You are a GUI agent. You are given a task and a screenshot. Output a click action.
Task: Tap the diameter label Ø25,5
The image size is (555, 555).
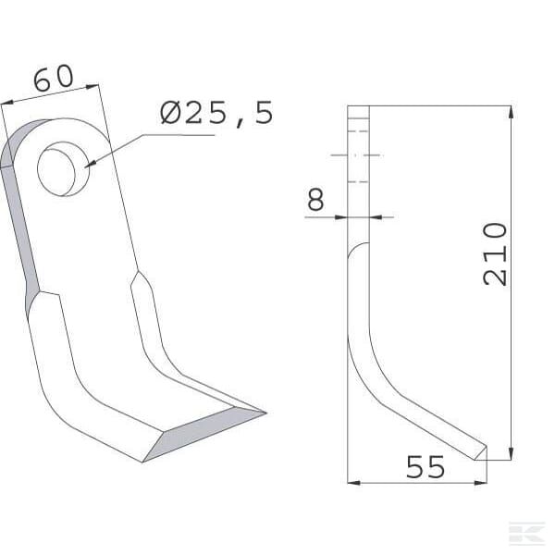click(x=216, y=113)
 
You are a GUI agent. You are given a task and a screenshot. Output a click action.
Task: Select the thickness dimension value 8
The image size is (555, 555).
click(x=315, y=199)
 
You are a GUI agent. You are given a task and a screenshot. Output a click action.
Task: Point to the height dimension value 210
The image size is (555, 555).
click(x=495, y=253)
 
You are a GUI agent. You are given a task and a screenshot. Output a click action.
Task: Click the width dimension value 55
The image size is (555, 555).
click(x=425, y=467)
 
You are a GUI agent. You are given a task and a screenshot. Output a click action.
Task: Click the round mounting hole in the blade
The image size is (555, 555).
click(x=63, y=169)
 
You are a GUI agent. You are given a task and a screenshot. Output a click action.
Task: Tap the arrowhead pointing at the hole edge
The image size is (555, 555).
click(x=91, y=164)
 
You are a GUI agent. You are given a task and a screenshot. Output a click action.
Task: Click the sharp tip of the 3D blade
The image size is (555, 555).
click(x=265, y=413)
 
